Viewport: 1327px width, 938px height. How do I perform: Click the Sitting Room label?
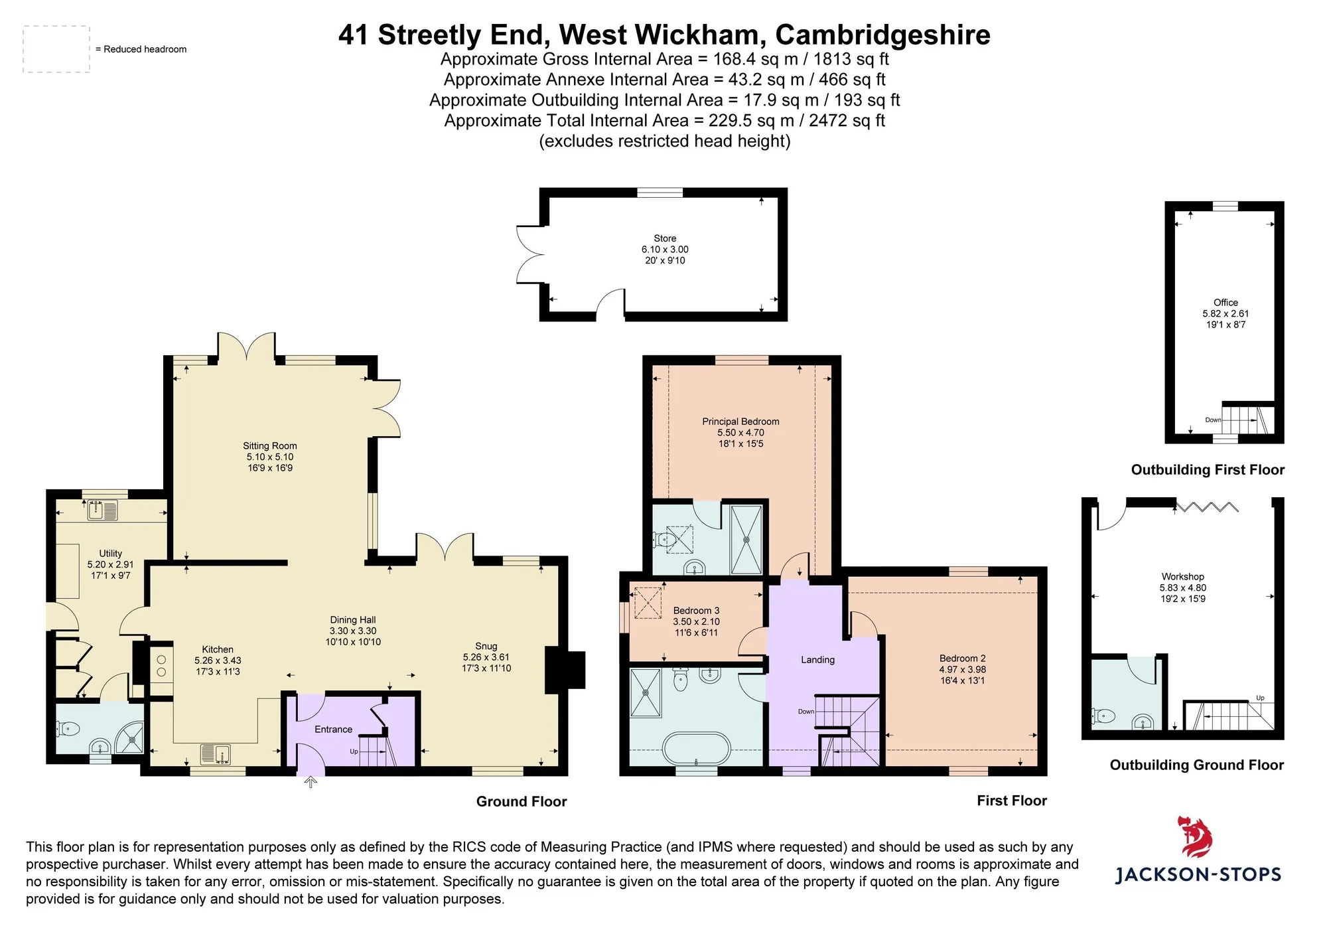(269, 446)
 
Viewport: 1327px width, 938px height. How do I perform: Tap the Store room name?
(665, 238)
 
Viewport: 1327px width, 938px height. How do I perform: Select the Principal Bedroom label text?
(740, 422)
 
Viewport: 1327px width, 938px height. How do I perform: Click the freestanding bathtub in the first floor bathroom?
(696, 749)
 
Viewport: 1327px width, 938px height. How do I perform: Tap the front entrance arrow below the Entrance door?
(310, 783)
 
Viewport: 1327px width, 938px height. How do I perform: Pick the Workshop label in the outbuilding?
(1182, 577)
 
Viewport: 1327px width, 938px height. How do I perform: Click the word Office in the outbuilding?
(1225, 303)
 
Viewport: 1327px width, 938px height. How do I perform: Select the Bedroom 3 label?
(696, 611)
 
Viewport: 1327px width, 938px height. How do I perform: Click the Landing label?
(817, 660)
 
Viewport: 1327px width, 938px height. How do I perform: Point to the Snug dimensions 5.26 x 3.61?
(486, 657)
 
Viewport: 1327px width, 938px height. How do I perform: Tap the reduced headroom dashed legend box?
(56, 49)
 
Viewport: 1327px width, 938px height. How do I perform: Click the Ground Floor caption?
(522, 801)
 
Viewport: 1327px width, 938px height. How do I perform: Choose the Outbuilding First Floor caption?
(1208, 470)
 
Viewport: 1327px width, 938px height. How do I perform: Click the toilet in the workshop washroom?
(1103, 716)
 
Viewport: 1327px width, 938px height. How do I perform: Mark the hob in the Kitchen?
(161, 666)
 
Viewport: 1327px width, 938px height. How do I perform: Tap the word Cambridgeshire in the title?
(882, 35)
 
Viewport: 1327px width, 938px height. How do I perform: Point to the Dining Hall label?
(353, 620)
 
